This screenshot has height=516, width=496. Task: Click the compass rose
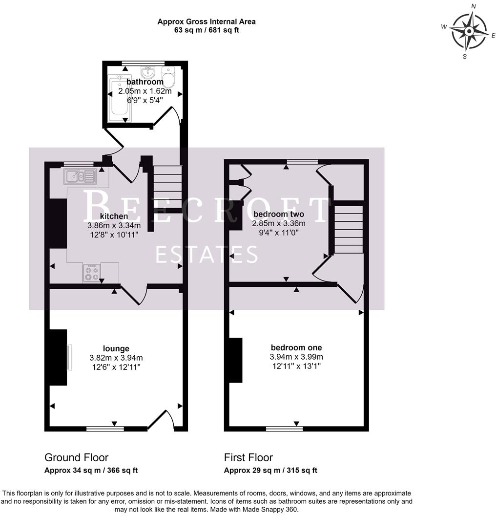[x=469, y=32]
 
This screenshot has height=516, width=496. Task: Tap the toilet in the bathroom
[x=168, y=76]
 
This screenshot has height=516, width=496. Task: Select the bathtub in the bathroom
[x=120, y=98]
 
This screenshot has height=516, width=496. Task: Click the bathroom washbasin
[x=148, y=72]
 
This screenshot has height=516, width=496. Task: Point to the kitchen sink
[x=80, y=176]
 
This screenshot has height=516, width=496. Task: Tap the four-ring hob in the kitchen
[x=92, y=273]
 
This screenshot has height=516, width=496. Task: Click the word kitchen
[x=114, y=216]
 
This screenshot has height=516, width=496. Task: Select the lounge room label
[x=116, y=348]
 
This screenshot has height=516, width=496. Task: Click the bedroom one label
[x=296, y=347]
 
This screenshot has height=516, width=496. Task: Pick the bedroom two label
[x=279, y=214]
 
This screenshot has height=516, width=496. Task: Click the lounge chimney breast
[x=58, y=357]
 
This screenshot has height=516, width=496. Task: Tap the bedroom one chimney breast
[x=236, y=360]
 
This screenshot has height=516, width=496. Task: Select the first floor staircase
[x=349, y=229]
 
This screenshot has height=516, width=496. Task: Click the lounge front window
[x=105, y=429]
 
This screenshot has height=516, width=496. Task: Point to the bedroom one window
[x=284, y=429]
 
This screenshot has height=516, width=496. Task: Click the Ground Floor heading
[x=76, y=457]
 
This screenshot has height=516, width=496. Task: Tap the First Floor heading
[x=248, y=457]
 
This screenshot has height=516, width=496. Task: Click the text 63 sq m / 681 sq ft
[x=207, y=30]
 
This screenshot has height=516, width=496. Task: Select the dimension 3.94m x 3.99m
[x=296, y=357]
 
